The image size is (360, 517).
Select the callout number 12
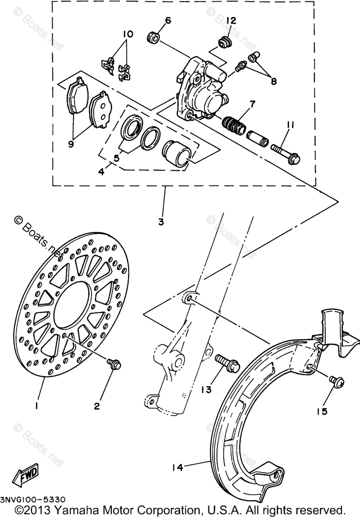tap(231, 20)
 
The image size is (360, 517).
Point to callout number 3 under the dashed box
tap(161, 222)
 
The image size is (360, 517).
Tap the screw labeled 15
tap(335, 381)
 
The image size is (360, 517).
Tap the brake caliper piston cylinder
tap(176, 153)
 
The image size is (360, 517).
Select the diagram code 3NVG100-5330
tap(33, 500)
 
